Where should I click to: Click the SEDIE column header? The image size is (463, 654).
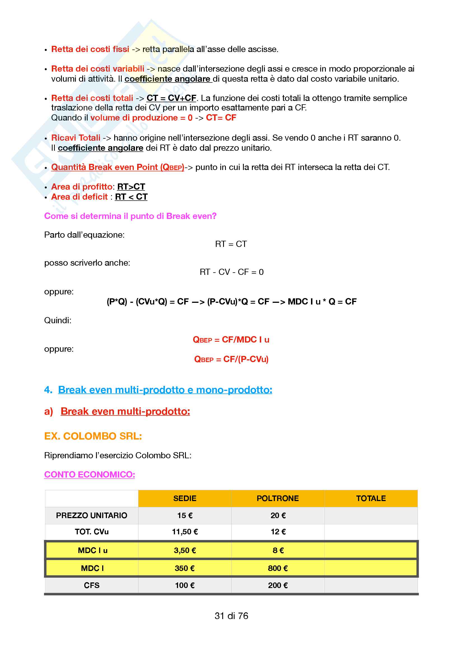(185, 498)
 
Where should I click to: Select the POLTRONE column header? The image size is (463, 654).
(278, 498)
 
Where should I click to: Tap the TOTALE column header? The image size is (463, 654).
(371, 498)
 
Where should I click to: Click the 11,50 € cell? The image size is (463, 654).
(185, 532)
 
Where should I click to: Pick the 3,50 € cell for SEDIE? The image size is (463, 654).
(185, 550)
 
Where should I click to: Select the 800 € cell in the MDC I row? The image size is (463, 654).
(278, 568)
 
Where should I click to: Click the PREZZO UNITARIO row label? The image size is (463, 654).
(92, 515)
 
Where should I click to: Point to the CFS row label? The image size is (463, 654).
(92, 585)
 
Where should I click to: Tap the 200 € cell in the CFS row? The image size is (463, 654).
(278, 585)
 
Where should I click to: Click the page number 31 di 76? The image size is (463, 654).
(231, 616)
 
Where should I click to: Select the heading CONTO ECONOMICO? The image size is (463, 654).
(90, 474)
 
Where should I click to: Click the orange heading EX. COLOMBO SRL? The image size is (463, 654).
(93, 436)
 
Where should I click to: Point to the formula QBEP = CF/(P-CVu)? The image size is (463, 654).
(231, 359)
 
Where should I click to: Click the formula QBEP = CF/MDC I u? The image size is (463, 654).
(231, 339)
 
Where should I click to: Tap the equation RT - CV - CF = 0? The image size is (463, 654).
(231, 272)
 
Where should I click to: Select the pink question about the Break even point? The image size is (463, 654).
(130, 216)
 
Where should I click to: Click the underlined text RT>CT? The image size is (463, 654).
(131, 186)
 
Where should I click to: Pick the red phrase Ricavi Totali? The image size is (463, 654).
(76, 138)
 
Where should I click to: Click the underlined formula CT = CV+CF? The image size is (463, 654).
(171, 98)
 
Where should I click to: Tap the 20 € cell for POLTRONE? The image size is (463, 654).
(278, 515)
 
